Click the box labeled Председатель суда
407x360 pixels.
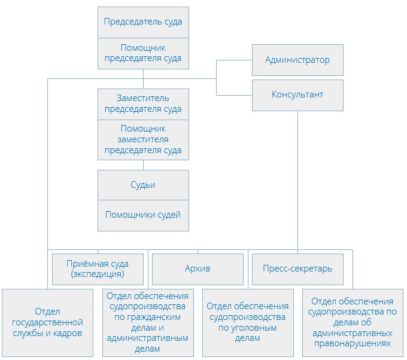click(x=143, y=22)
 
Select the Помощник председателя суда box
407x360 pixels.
click(x=143, y=53)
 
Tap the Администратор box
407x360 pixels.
click(x=297, y=60)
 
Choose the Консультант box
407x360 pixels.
click(x=297, y=94)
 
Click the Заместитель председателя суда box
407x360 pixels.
click(x=143, y=103)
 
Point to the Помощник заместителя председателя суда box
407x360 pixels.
click(x=143, y=139)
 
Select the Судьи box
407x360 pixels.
click(x=143, y=185)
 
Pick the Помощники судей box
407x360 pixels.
click(x=143, y=215)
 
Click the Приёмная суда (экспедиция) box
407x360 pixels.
click(x=99, y=269)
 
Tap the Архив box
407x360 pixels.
click(x=198, y=269)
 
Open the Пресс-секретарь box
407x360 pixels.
click(x=297, y=269)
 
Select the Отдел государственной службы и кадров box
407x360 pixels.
click(x=47, y=322)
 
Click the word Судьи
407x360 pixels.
click(x=143, y=185)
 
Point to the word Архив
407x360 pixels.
click(x=198, y=269)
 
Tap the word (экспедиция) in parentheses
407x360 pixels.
click(x=99, y=274)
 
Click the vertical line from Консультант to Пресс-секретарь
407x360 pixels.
click(x=297, y=179)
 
